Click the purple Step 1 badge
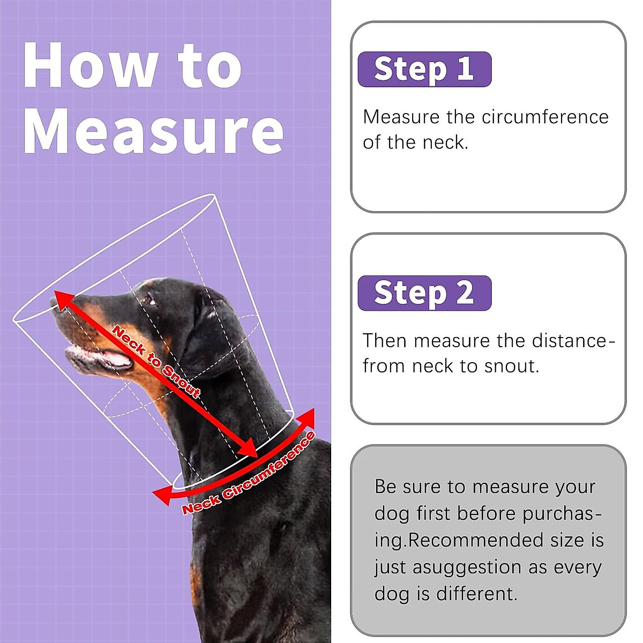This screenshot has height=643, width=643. click(x=424, y=69)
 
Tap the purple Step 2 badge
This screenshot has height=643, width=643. click(x=424, y=293)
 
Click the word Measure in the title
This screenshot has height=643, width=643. click(x=153, y=130)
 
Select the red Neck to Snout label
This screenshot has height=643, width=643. click(x=156, y=362)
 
